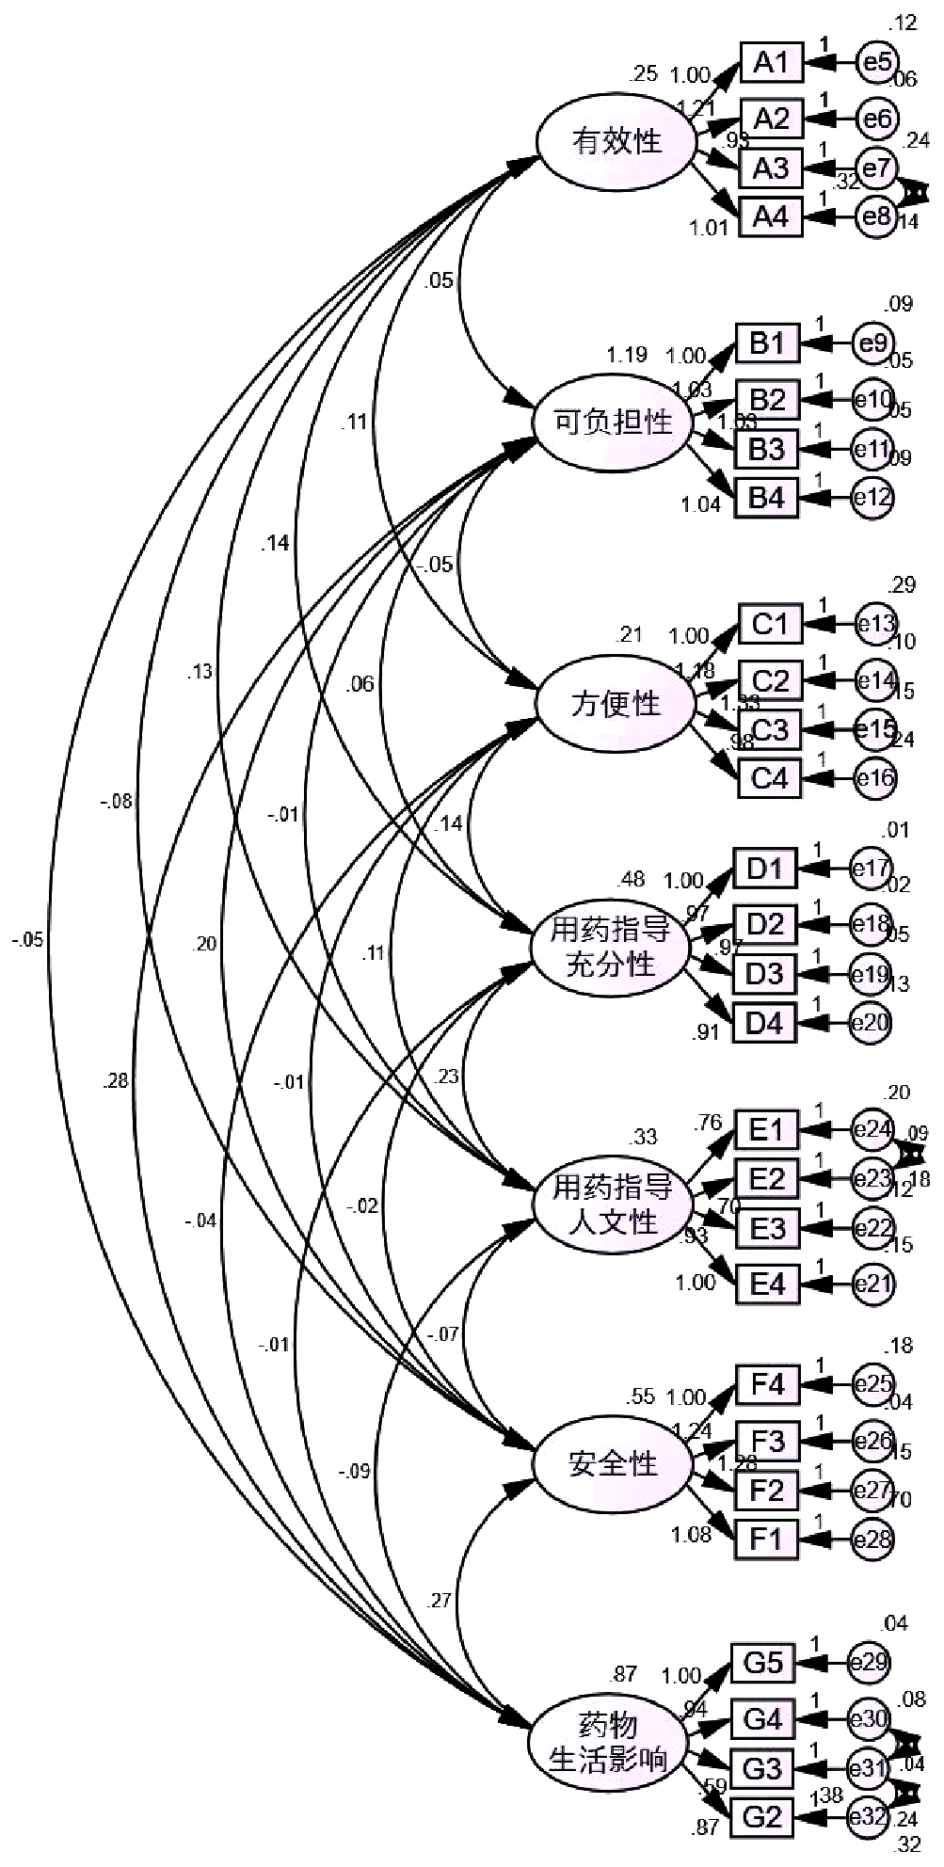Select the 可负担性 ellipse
pyautogui.click(x=613, y=422)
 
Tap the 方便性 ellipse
pyautogui.click(x=616, y=703)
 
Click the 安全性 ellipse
pyautogui.click(x=613, y=1463)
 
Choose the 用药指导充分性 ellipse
pyautogui.click(x=610, y=948)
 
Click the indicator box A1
pyautogui.click(x=771, y=63)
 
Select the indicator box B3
pyautogui.click(x=766, y=449)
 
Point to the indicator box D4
pyautogui.click(x=765, y=1022)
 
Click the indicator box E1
pyautogui.click(x=767, y=1128)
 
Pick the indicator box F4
pyautogui.click(x=767, y=1385)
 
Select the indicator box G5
pyautogui.click(x=763, y=1663)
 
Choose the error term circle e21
pyautogui.click(x=873, y=1283)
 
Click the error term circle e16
pyautogui.click(x=874, y=778)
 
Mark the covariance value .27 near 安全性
pyautogui.click(x=439, y=1599)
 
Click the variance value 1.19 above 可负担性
pyautogui.click(x=626, y=355)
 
